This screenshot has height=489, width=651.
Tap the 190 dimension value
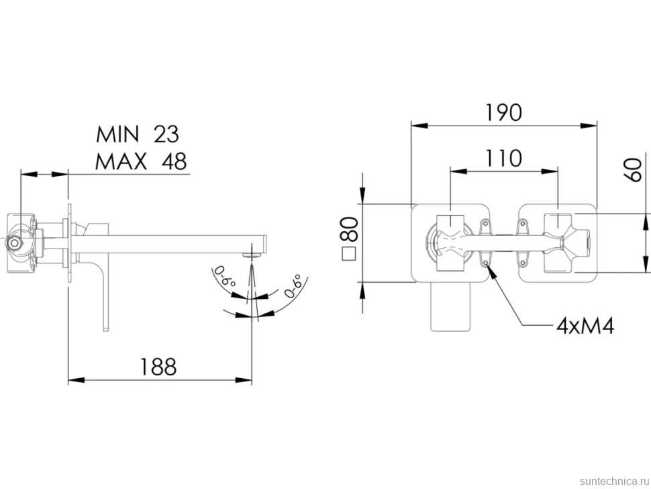pyautogui.click(x=503, y=113)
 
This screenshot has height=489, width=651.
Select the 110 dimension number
pyautogui.click(x=503, y=159)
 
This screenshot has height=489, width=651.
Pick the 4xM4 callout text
pyautogui.click(x=585, y=326)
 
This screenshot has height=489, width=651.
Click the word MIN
pyautogui.click(x=117, y=134)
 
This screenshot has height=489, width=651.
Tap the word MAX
pyautogui.click(x=121, y=161)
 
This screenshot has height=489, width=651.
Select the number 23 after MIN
pyautogui.click(x=166, y=134)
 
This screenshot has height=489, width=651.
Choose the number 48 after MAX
pyautogui.click(x=174, y=161)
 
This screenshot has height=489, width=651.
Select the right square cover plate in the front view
pyautogui.click(x=558, y=243)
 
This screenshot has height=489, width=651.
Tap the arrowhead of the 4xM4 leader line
pyautogui.click(x=489, y=269)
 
